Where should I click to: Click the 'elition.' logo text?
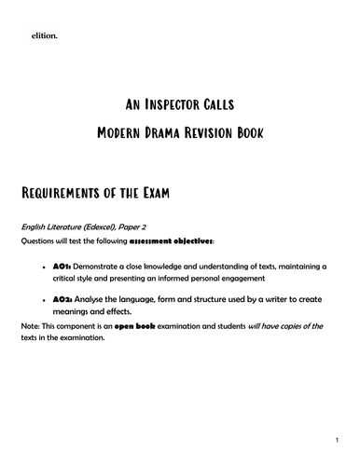43,35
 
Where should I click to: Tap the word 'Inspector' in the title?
179,104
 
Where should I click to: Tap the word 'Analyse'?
93,300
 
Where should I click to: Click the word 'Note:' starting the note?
31,325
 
